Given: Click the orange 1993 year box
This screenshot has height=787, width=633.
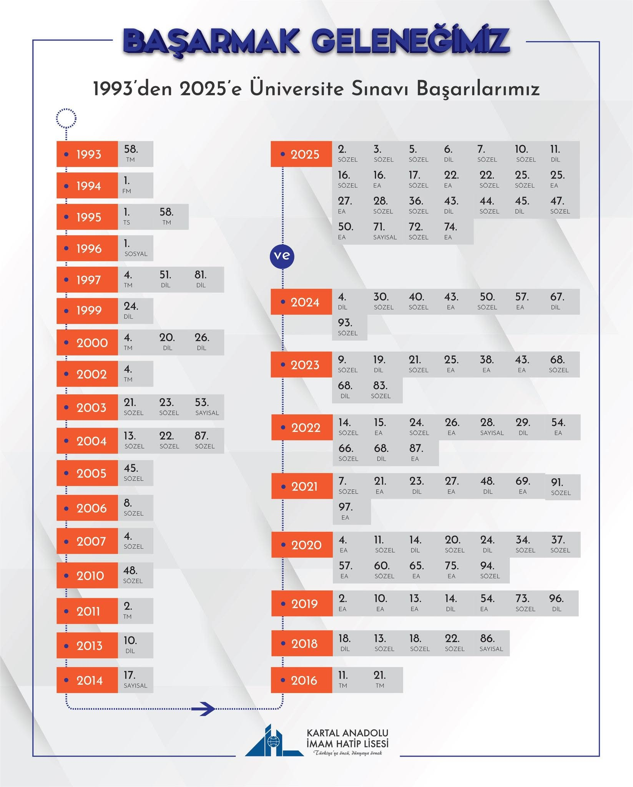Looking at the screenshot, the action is point(87,154).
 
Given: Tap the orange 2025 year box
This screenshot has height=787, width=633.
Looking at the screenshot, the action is point(301,154).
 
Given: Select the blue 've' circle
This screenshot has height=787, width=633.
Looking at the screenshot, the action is point(282,256).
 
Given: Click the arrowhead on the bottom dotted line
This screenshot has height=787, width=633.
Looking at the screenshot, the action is point(208,708).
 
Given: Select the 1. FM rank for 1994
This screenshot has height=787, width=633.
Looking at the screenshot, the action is point(127,185).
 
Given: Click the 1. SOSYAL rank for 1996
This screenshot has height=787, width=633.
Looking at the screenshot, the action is point(136,248).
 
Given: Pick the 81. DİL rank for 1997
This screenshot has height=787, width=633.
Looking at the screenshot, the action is point(201,279).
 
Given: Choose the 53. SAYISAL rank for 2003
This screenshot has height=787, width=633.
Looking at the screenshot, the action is point(207,407).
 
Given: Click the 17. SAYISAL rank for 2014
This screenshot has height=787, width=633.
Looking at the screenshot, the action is point(135,680).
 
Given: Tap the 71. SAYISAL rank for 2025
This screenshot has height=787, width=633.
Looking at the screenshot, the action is point(385,231).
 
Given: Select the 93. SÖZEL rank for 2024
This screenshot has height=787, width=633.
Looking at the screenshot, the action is point(348,327).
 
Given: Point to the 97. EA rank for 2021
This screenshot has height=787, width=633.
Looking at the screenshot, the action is point(346,511).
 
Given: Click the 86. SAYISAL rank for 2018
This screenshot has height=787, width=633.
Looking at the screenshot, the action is point(491,643).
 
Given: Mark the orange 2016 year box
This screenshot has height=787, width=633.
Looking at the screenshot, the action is point(301,680).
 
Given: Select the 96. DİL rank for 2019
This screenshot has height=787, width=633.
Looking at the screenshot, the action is point(556,603).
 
